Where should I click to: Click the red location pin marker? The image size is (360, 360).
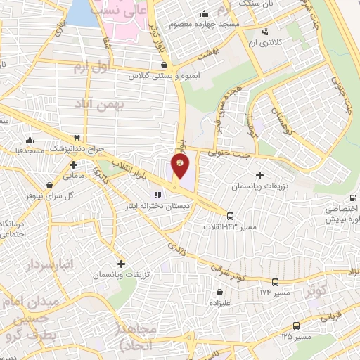pyautogui.click(x=180, y=167)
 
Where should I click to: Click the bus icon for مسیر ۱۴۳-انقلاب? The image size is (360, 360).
pyautogui.click(x=230, y=215)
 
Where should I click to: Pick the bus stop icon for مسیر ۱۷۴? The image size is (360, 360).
pyautogui.click(x=274, y=281)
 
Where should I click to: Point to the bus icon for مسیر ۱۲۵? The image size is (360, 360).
pyautogui.click(x=296, y=326)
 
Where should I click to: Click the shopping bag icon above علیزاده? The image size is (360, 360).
pyautogui.click(x=220, y=291)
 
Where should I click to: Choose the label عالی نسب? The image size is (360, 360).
pyautogui.click(x=126, y=13)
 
